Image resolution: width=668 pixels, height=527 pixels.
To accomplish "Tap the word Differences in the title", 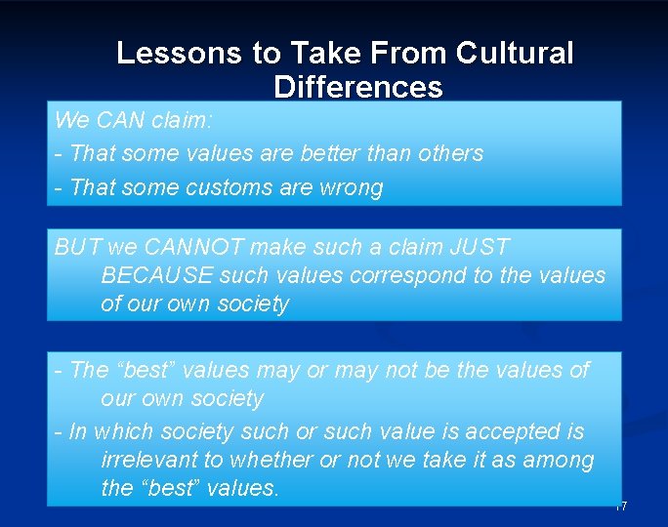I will tap(358, 87).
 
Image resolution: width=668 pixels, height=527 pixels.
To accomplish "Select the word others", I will tap(450, 153).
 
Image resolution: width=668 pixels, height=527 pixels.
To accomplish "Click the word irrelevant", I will tap(150, 460).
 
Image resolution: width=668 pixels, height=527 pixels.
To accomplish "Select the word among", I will tap(560, 460).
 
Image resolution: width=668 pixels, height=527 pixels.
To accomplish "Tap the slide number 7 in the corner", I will tap(621, 506).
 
